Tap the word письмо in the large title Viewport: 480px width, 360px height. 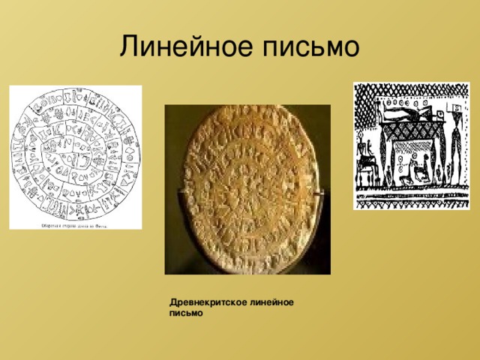click(x=310, y=47)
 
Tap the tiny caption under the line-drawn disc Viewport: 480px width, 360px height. click(x=75, y=224)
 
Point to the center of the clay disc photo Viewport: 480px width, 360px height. click(x=247, y=187)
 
